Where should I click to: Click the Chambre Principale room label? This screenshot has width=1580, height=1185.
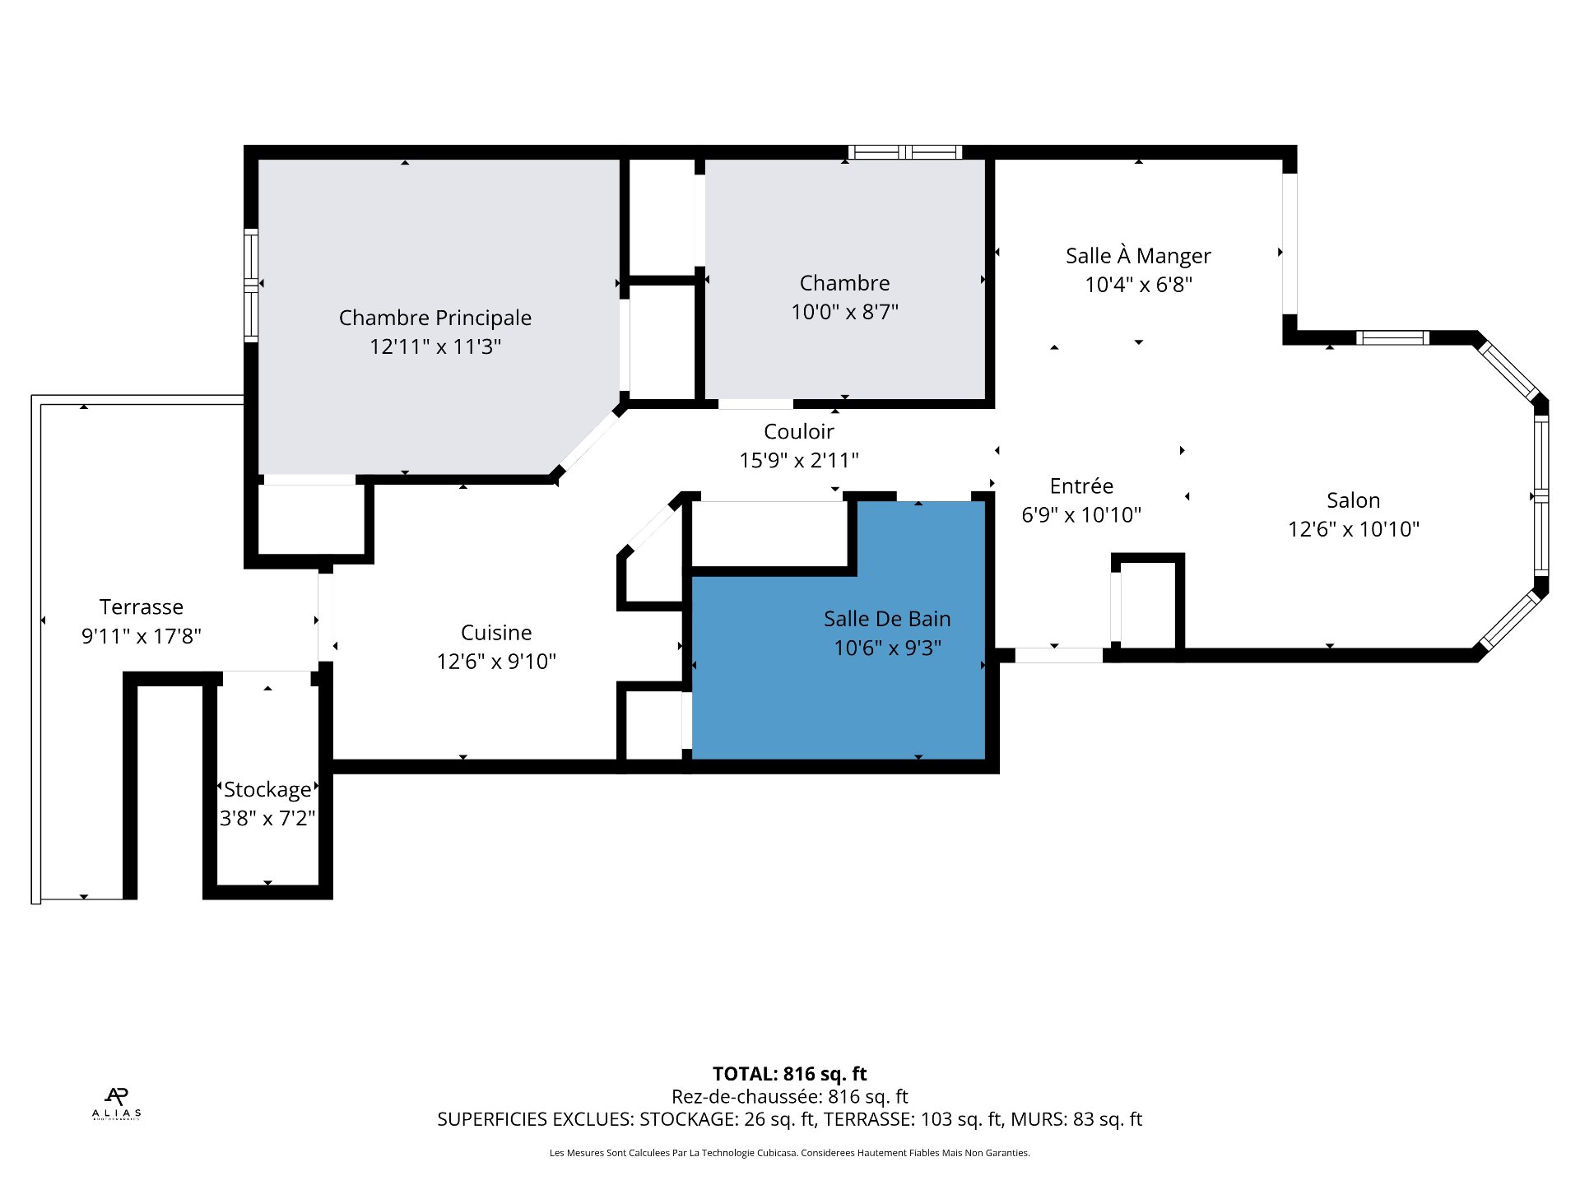[x=434, y=318]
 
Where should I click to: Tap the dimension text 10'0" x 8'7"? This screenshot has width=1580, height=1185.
[x=844, y=312]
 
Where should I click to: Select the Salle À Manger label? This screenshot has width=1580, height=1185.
[x=1138, y=256]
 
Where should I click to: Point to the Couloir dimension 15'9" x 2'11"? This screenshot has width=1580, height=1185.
[x=798, y=460]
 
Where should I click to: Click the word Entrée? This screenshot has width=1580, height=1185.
[x=1081, y=486]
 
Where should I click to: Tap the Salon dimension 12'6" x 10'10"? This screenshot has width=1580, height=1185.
[x=1353, y=529]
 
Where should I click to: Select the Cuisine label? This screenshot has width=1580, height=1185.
[x=496, y=633]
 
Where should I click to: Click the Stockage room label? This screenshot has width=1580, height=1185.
[x=267, y=790]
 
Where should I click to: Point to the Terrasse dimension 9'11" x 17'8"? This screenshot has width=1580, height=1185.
[x=142, y=636]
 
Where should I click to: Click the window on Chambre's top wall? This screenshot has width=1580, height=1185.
[x=905, y=152]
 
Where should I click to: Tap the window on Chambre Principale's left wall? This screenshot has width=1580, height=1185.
[x=251, y=285]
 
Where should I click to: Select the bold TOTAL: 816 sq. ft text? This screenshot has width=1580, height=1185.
[x=789, y=1074]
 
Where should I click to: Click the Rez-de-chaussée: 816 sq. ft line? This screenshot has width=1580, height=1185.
[x=789, y=1097]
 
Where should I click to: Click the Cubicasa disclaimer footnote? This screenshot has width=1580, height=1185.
[x=789, y=1153]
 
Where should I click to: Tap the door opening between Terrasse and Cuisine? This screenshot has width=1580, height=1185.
[x=325, y=617]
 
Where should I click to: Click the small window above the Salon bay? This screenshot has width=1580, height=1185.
[x=1392, y=337]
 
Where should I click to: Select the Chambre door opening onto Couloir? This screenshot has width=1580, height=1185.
[x=755, y=404]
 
